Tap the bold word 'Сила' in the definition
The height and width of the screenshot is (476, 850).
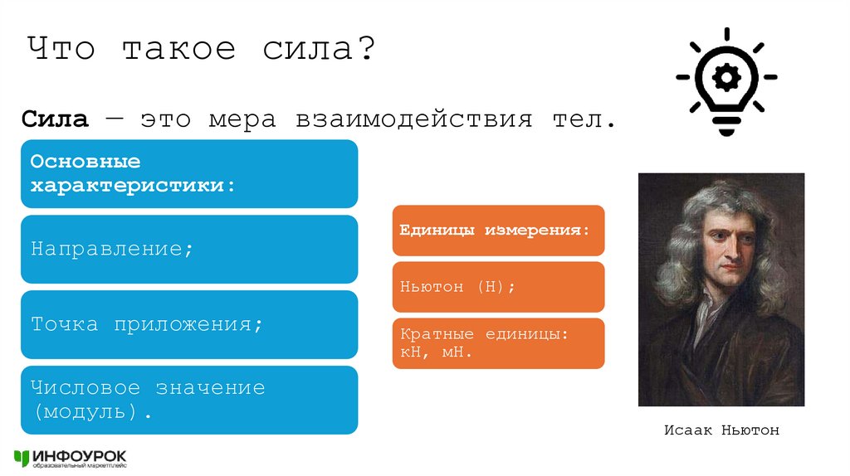pos(55,119)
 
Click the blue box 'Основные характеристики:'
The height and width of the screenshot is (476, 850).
pos(189,173)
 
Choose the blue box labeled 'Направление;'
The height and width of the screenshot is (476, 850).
pos(189,249)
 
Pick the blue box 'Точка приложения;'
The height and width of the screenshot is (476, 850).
pos(189,324)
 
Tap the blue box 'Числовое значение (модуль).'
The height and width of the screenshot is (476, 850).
pos(189,400)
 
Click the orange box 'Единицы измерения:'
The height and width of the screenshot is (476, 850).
pos(498,230)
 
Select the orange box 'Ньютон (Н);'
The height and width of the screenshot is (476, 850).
pos(498,287)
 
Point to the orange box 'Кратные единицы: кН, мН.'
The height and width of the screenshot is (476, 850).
pos(498,343)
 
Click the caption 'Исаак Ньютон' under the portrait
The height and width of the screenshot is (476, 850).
pos(721,430)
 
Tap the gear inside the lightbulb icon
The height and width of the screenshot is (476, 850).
pos(726,78)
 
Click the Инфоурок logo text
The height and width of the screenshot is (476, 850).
pos(80,455)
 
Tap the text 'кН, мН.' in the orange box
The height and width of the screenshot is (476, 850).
pos(436,352)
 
